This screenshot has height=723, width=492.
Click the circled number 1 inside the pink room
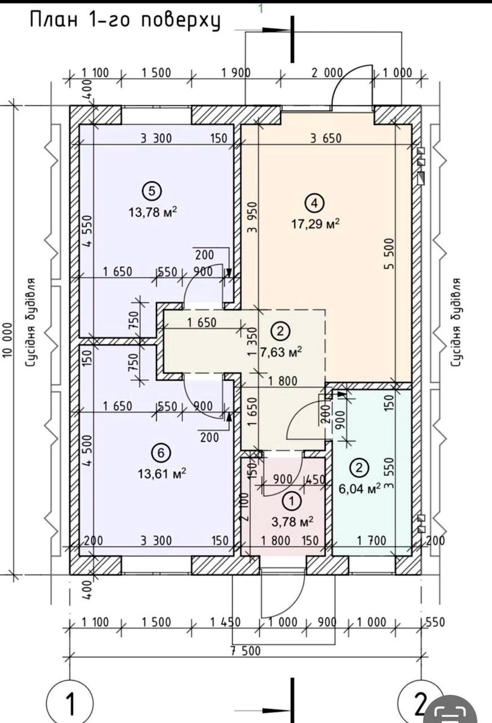click(x=291, y=501)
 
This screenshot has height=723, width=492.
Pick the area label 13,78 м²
click(x=153, y=212)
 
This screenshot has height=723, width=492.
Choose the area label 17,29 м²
click(x=316, y=224)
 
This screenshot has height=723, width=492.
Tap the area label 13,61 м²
click(x=162, y=474)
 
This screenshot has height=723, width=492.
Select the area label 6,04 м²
click(x=360, y=489)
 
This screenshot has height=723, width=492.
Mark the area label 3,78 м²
click(x=292, y=522)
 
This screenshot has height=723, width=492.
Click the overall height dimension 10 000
click(x=8, y=340)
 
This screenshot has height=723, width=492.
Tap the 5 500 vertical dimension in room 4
click(x=390, y=254)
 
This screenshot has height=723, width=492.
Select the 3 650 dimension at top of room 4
click(x=326, y=139)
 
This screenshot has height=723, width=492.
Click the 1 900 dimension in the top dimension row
click(x=236, y=73)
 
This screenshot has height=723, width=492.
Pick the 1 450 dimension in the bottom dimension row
click(x=225, y=622)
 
